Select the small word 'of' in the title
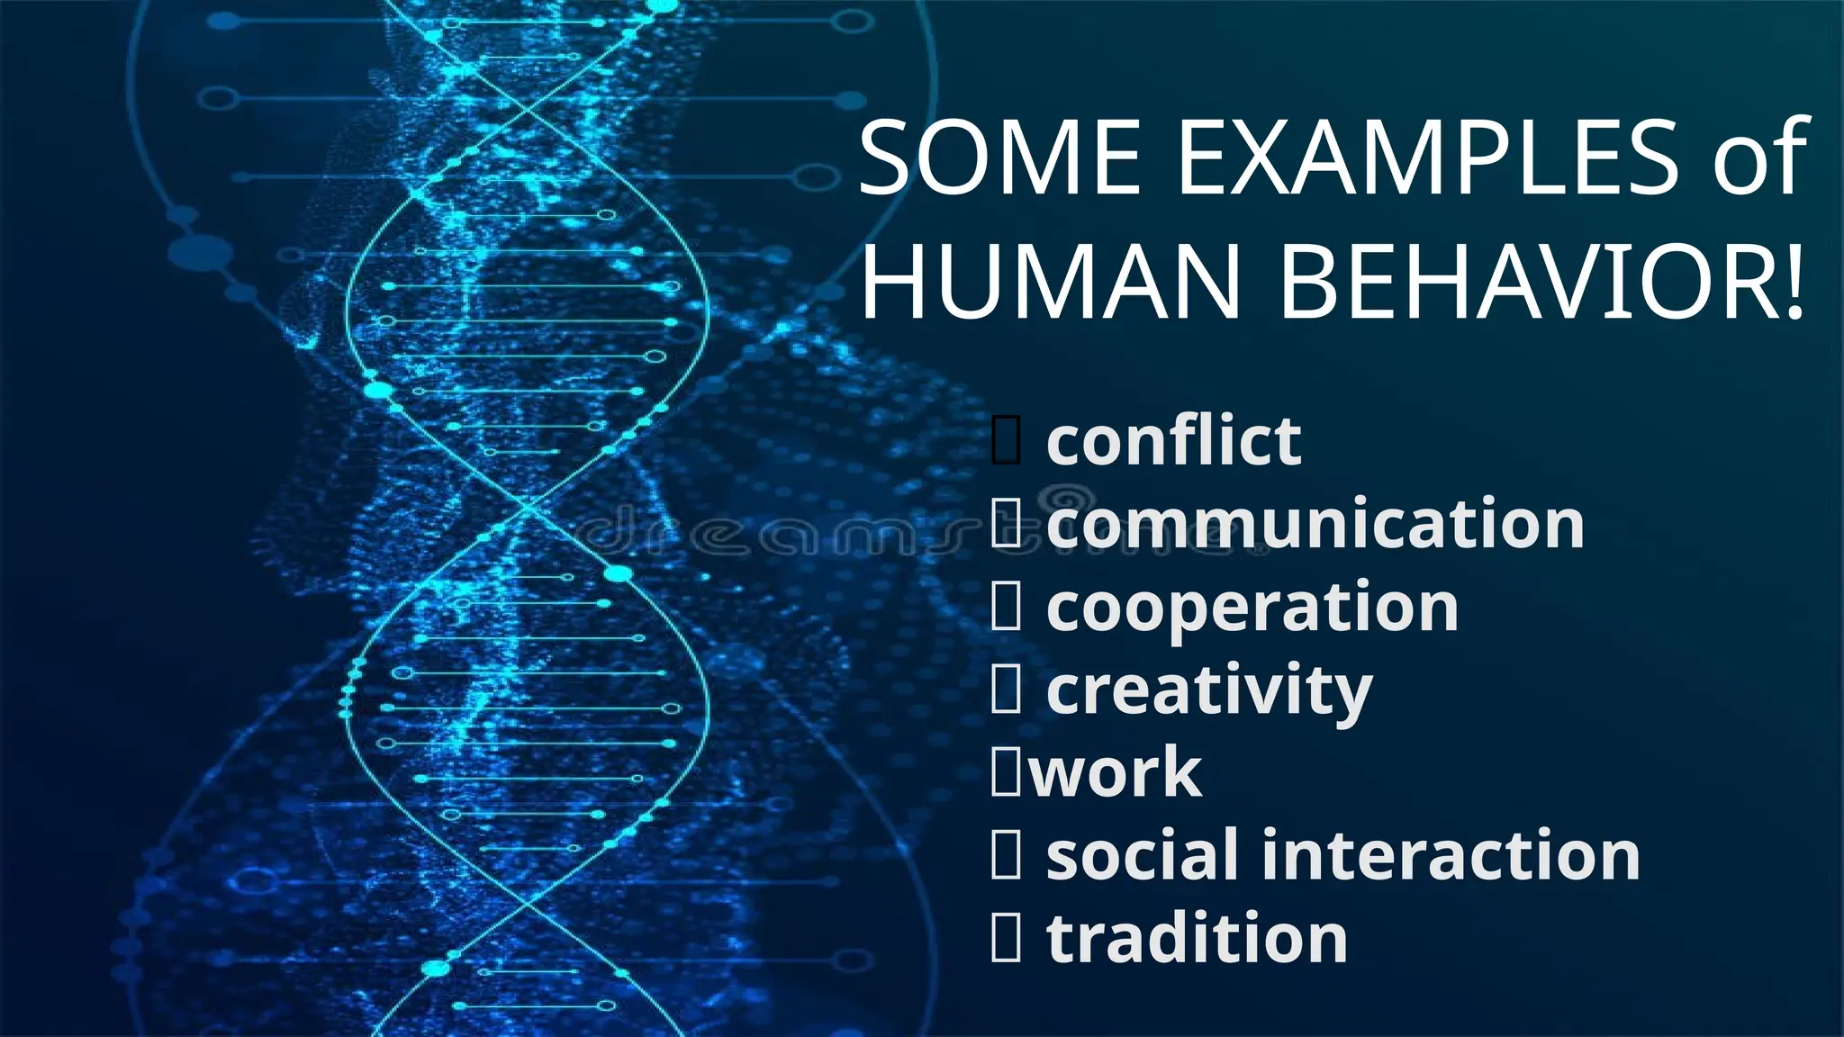coord(1760,160)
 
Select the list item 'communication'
coord(1315,524)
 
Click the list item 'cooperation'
coord(1252,608)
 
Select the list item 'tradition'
coord(1197,938)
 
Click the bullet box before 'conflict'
coord(1007,441)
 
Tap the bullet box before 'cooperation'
coord(1007,607)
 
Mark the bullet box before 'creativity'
coord(1007,690)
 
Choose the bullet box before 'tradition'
coord(1007,937)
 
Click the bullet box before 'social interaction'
coord(1007,855)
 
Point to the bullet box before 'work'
coord(1007,772)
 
